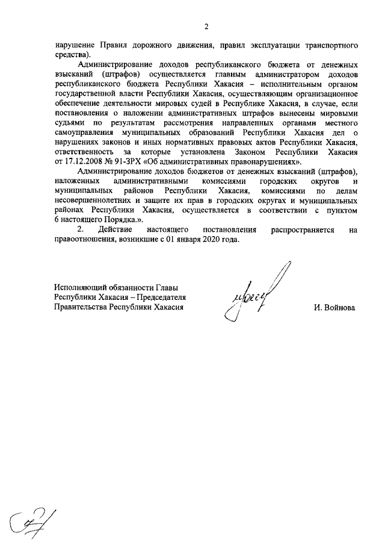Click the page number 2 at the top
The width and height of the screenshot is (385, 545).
click(206, 26)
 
